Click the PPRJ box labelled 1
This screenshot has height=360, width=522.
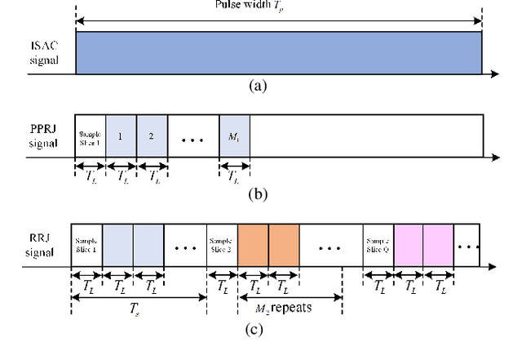point(121,136)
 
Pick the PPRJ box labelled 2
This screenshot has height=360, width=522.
point(152,136)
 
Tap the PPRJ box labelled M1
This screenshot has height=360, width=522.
point(235,136)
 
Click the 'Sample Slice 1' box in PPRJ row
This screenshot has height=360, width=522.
point(90,136)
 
